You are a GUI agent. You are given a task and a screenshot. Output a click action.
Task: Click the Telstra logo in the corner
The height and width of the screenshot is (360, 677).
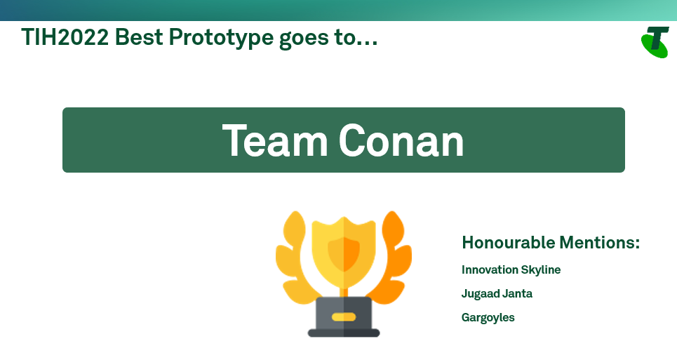655,42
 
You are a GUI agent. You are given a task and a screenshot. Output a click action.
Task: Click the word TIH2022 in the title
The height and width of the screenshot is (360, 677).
65,37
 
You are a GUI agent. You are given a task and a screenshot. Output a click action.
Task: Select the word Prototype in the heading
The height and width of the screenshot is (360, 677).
221,38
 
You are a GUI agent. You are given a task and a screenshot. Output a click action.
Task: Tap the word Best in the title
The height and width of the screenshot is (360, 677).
139,37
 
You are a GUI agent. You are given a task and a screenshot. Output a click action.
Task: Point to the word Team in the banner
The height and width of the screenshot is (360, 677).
275,140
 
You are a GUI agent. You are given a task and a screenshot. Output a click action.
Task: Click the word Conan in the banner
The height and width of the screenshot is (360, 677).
401,140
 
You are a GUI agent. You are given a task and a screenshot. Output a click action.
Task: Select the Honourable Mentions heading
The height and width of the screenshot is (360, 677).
551,243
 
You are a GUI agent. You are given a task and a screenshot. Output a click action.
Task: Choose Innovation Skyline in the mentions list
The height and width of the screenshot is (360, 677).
511,269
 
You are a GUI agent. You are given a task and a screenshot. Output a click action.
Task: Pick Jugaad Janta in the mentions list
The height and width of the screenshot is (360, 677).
497,293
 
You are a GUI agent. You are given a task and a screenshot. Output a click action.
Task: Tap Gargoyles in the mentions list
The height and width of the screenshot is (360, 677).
488,318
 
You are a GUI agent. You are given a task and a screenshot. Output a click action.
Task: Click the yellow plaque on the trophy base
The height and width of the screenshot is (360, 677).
344,317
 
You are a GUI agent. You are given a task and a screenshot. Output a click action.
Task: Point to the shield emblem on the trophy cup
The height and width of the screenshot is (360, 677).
344,254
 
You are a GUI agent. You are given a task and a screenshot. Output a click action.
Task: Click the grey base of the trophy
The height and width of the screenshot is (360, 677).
344,317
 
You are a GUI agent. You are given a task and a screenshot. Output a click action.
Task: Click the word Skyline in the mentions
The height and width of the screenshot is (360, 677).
541,269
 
